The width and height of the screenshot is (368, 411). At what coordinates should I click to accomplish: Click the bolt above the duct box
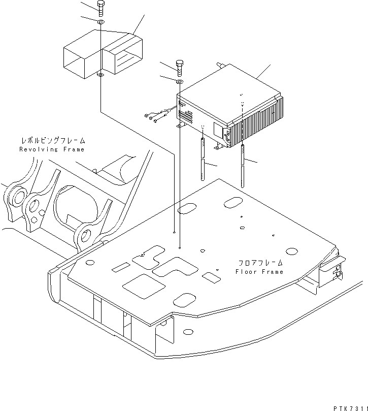[101, 9]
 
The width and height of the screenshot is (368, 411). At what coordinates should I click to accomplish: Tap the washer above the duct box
[101, 22]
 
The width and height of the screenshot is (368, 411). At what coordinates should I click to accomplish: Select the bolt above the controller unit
[179, 68]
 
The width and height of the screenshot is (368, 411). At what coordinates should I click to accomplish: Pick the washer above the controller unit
[179, 82]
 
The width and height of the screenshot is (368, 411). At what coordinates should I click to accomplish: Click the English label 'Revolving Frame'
[52, 149]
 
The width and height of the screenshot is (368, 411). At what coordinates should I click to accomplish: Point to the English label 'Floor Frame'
[259, 272]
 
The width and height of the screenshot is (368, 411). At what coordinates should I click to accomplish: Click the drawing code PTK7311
[350, 408]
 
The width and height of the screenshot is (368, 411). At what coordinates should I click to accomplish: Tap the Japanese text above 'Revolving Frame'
[53, 141]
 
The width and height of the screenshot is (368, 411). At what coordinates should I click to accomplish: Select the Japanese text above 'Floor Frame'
[260, 263]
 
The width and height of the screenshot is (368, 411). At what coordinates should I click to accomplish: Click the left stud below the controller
[203, 159]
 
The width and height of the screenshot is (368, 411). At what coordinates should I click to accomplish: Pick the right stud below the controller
[243, 166]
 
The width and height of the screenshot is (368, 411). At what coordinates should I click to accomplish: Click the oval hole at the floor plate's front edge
[185, 300]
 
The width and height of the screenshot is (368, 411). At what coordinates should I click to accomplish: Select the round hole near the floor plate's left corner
[89, 262]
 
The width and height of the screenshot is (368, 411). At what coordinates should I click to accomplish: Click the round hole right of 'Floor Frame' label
[291, 251]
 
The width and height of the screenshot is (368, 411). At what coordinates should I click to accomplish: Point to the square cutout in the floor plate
[144, 286]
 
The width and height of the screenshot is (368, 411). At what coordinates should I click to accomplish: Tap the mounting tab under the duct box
[101, 76]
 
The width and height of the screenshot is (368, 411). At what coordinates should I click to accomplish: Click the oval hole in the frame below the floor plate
[188, 332]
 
